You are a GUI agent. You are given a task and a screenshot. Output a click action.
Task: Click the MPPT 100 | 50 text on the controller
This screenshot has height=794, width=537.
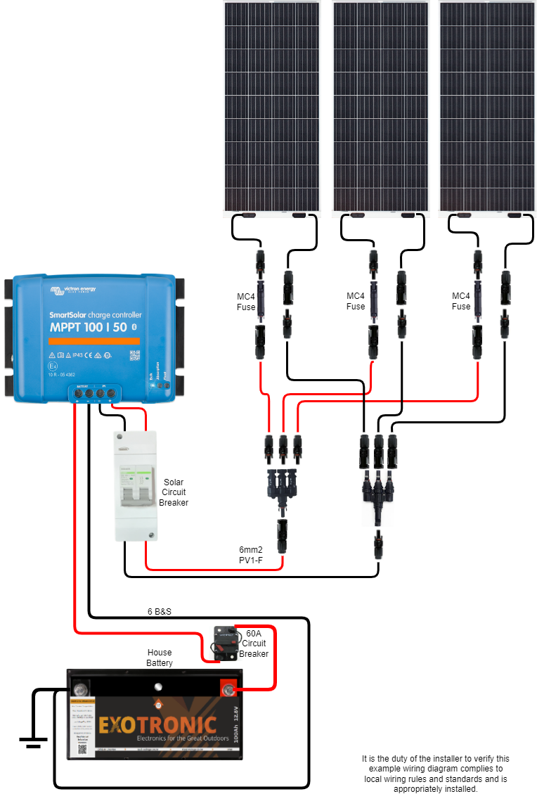pyautogui.click(x=89, y=328)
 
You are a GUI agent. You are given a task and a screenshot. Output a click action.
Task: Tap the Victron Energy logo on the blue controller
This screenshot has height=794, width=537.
pyautogui.click(x=73, y=289)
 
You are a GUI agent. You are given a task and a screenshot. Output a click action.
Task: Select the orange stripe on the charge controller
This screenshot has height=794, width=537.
pyautogui.click(x=93, y=341)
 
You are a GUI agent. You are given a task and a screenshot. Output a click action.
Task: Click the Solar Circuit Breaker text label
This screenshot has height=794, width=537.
pyautogui.click(x=174, y=492)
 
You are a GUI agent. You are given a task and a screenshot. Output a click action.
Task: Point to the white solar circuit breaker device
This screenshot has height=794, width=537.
pyautogui.click(x=136, y=485)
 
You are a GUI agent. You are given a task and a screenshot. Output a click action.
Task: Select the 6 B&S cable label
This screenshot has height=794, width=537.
pyautogui.click(x=160, y=611)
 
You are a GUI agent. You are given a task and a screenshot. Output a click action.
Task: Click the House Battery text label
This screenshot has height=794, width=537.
pyautogui.click(x=160, y=658)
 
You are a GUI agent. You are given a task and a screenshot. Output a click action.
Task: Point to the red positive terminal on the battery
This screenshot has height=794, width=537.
pyautogui.click(x=228, y=689)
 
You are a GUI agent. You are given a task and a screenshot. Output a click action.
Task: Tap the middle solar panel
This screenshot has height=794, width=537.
pyautogui.click(x=380, y=105)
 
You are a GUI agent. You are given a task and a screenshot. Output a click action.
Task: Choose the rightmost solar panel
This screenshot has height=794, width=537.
pyautogui.click(x=486, y=105)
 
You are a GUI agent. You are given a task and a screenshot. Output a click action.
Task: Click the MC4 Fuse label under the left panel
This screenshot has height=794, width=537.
pyautogui.click(x=246, y=301)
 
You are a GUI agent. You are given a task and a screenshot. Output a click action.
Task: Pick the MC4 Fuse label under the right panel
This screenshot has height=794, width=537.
pyautogui.click(x=461, y=301)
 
